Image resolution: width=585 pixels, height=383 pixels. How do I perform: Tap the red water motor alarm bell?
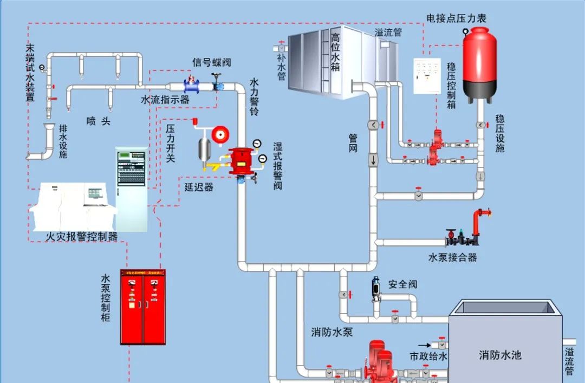tap(220, 134)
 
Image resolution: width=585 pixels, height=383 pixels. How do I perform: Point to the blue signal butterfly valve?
tap(191, 86)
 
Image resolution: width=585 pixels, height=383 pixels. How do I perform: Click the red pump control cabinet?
tap(143, 307)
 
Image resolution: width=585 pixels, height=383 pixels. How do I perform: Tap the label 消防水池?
tap(500, 355)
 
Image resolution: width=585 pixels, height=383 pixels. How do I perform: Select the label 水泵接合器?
tap(453, 257)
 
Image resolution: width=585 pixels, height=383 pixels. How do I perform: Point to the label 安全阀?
tap(403, 284)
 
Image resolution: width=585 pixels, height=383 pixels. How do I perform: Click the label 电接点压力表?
tap(457, 18)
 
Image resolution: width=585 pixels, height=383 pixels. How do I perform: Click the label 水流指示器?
tap(165, 100)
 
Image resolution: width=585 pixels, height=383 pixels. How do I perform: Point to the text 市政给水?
tap(428, 356)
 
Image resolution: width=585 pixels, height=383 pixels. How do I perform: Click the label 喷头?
tap(99, 121)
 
